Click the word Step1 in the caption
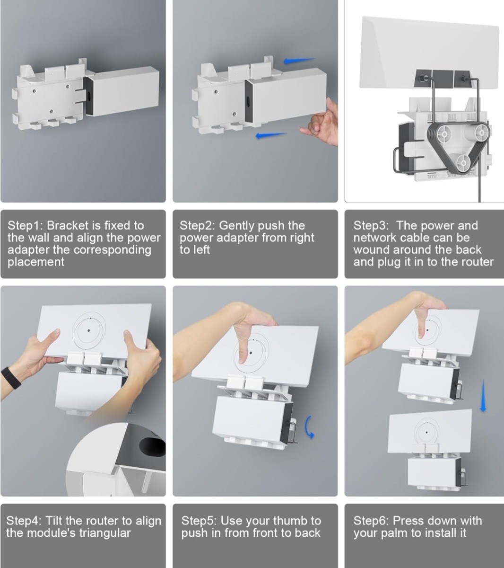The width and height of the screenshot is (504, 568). click(25, 226)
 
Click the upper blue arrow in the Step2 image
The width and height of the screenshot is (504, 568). click(298, 61)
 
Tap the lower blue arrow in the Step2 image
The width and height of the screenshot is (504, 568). click(271, 136)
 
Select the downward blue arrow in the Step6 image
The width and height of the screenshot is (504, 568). click(482, 396)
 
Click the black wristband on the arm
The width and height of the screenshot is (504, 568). click(11, 377)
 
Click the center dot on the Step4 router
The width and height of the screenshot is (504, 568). click(89, 330)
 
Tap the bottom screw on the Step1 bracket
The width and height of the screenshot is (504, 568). click(51, 112)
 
